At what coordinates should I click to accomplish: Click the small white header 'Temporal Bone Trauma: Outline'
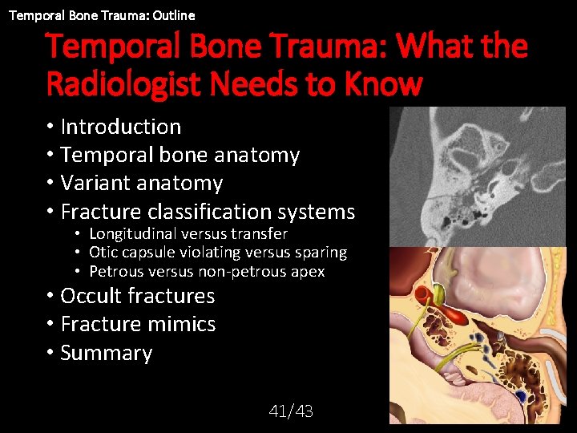(102, 14)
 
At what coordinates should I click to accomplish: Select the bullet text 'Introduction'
(120, 127)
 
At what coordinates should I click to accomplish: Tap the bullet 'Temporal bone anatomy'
(180, 155)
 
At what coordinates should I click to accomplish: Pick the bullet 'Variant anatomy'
(141, 183)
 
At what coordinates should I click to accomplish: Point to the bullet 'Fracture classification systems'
(207, 212)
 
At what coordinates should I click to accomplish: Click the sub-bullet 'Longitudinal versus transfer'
(188, 233)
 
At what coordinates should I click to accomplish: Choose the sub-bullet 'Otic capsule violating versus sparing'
(217, 253)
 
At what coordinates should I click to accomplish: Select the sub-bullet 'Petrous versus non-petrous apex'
(206, 272)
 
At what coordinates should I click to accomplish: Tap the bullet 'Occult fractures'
(137, 296)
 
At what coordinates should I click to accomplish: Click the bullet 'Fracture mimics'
(138, 324)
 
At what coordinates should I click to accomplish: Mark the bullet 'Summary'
(106, 353)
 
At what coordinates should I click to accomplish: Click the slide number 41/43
(291, 411)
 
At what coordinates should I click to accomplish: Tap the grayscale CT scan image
(476, 176)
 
